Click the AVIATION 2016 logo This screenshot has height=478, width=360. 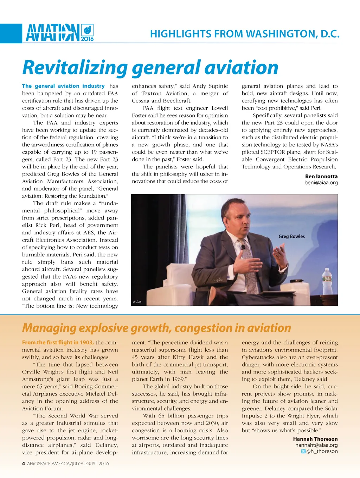(x=60, y=33)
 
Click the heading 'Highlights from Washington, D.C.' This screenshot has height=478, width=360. (x=245, y=34)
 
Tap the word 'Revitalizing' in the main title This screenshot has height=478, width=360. (x=75, y=68)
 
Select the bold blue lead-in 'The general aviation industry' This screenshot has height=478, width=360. (x=63, y=86)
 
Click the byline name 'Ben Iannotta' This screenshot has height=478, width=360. (x=321, y=176)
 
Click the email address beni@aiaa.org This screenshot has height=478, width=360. (x=321, y=183)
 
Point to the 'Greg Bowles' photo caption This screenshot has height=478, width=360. (x=291, y=236)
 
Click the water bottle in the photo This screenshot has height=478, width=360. (x=327, y=282)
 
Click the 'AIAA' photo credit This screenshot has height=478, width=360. (x=137, y=302)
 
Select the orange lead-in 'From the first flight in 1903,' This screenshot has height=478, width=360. (x=58, y=342)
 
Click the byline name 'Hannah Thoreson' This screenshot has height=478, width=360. (x=315, y=439)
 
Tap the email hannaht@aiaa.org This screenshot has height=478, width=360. (x=316, y=445)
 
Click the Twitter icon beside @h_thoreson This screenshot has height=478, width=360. (x=303, y=451)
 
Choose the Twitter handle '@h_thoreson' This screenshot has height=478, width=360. (x=322, y=451)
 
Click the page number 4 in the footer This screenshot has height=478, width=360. (x=24, y=464)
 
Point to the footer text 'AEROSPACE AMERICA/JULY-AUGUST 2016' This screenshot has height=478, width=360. (x=68, y=464)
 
